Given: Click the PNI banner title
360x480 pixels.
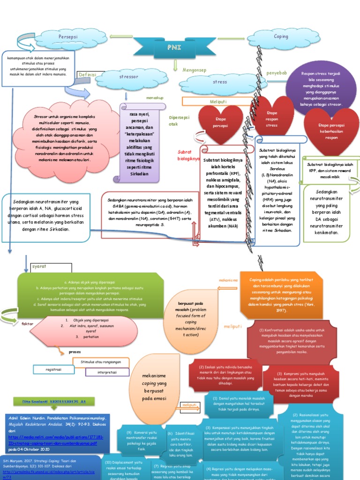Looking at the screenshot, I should [174, 48].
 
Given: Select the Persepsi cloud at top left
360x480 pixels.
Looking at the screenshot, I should [67, 37].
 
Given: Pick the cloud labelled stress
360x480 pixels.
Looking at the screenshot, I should [219, 82].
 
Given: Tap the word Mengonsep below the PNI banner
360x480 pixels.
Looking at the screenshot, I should [195, 70].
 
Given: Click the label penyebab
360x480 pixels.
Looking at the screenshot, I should [277, 73].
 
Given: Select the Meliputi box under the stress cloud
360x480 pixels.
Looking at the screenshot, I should [215, 101].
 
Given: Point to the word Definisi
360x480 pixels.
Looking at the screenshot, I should [87, 75].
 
